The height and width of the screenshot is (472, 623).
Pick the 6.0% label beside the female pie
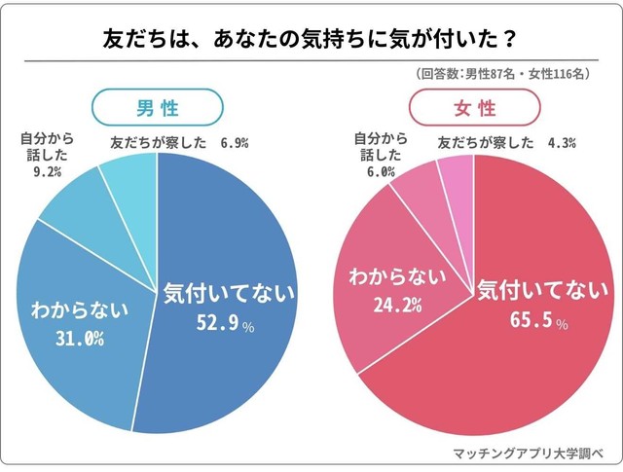tap(374, 172)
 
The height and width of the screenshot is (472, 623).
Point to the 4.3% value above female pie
tap(563, 143)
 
